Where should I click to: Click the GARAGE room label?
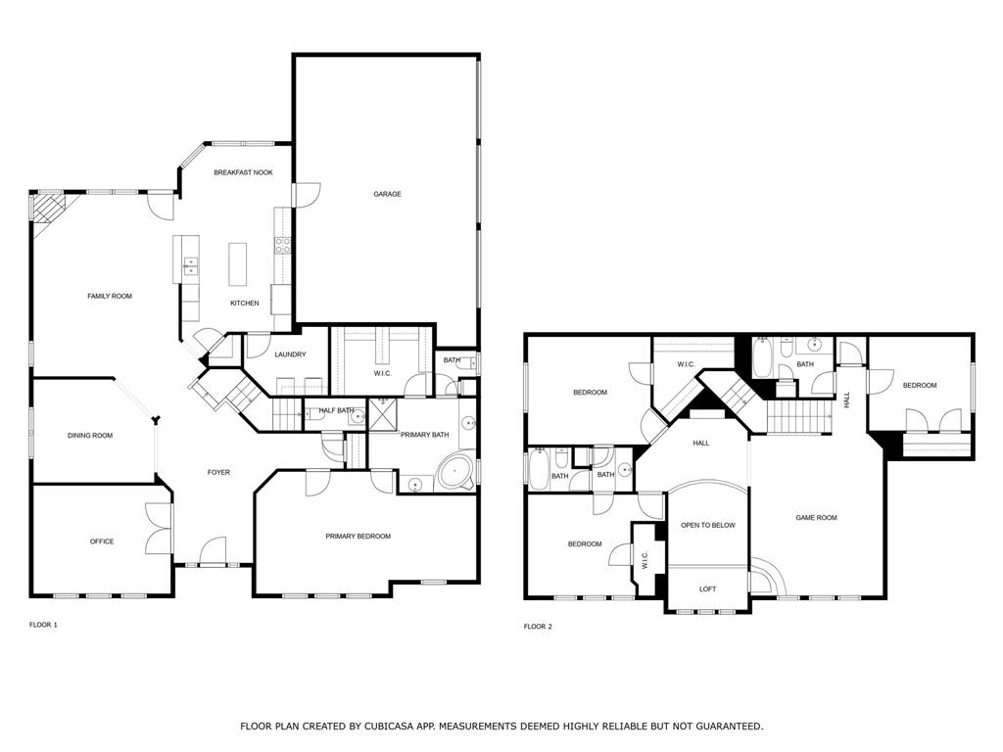click(x=387, y=194)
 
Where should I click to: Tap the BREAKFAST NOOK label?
click(x=243, y=172)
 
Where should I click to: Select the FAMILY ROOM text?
click(x=109, y=296)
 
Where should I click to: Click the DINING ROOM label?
click(x=90, y=435)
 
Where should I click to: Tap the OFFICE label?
click(x=102, y=541)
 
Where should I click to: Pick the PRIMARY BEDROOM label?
click(x=358, y=536)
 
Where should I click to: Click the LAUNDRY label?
click(x=290, y=354)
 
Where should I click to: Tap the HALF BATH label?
click(x=336, y=410)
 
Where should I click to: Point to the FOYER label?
click(x=218, y=472)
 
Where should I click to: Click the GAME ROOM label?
click(x=816, y=517)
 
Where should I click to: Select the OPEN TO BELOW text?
click(x=708, y=525)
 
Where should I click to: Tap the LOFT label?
click(x=707, y=588)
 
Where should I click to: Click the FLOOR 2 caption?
click(x=538, y=626)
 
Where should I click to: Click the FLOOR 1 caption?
click(x=43, y=624)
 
